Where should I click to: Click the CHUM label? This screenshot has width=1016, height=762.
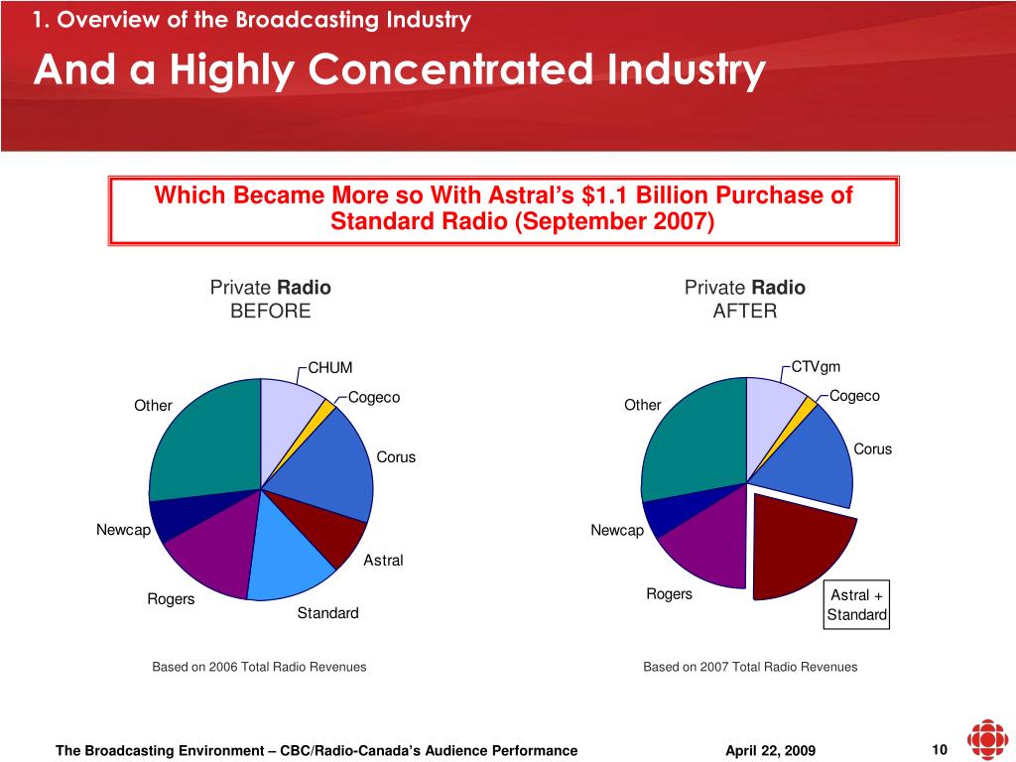coord(330,369)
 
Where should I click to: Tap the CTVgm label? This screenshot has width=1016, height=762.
coord(816,368)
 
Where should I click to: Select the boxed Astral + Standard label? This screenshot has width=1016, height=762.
coord(857,605)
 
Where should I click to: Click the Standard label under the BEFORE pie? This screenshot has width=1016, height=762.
coord(327,613)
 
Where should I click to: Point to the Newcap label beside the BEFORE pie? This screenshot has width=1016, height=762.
coord(123,530)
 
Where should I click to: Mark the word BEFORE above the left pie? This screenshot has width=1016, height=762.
coord(270,311)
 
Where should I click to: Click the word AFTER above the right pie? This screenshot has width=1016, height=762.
coord(744,311)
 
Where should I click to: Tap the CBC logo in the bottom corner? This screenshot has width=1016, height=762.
coord(986,740)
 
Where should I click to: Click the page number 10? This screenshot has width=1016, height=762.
coord(940,749)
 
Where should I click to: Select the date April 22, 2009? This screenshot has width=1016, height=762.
coord(771,751)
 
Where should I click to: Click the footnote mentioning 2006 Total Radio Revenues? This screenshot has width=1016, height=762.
coord(259,667)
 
